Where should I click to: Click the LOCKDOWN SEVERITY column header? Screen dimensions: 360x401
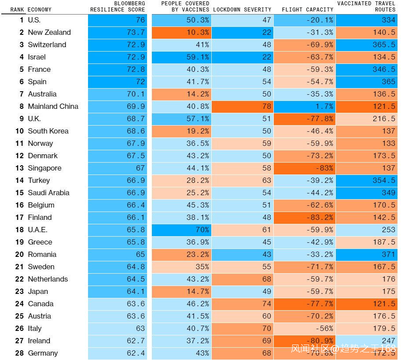[242, 9]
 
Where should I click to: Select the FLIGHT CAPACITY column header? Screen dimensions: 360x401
[307, 9]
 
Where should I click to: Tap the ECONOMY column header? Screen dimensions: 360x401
[39, 9]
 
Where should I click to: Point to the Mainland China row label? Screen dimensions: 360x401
[53, 106]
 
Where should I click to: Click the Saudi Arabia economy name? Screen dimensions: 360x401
[48, 193]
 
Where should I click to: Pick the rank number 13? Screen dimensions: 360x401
[19, 168]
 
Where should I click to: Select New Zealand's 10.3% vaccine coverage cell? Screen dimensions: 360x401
[181, 32]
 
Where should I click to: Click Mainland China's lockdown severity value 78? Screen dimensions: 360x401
[242, 106]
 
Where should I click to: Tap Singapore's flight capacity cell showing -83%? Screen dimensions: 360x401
[305, 168]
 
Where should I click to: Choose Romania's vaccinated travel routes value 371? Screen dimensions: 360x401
[367, 254]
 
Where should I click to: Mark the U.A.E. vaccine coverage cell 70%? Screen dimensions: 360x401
[181, 230]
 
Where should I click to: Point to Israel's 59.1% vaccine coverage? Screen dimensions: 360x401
[181, 57]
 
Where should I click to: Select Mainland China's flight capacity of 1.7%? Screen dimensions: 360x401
[305, 106]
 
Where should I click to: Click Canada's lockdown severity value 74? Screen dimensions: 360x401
[242, 304]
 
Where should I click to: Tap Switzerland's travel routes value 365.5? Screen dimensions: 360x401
[367, 45]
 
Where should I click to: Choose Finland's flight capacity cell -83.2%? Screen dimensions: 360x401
[305, 217]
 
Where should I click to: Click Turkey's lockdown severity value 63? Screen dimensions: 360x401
[242, 180]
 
